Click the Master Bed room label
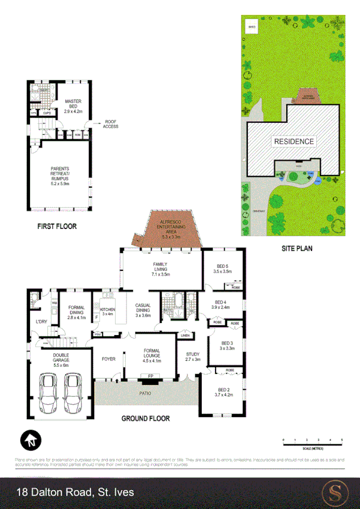coord(73,106)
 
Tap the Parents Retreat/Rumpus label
coord(60,174)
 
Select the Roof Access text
coord(111,124)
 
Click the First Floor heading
coord(56,227)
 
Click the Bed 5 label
coord(222,269)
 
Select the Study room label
coord(192,356)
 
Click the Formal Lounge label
coord(152,357)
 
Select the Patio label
coord(145,394)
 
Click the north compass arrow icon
coord(30,441)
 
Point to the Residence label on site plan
coord(294,141)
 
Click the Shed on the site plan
coord(252,27)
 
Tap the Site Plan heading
coord(297,248)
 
